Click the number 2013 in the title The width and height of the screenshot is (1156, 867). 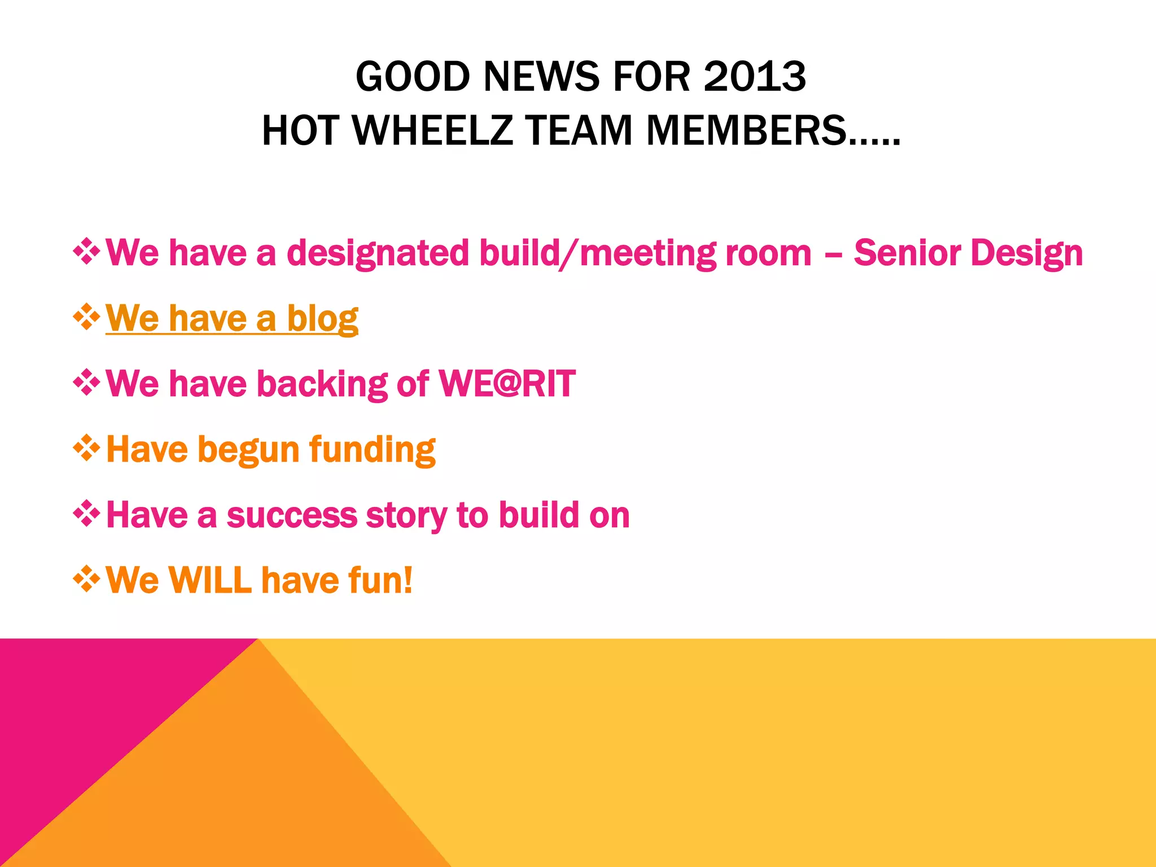(x=754, y=77)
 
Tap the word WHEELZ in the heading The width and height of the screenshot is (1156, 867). (x=432, y=131)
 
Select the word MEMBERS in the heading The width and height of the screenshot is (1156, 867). (x=746, y=131)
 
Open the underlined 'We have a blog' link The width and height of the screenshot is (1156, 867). (x=231, y=318)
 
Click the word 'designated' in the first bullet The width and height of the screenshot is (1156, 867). (x=378, y=253)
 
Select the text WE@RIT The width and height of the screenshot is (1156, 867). (x=507, y=384)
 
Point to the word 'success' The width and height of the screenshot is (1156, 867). (x=292, y=515)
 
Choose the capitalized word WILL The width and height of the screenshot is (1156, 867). (x=209, y=580)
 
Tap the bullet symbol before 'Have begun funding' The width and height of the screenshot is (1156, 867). (x=86, y=449)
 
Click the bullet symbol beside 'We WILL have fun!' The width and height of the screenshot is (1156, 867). (x=86, y=580)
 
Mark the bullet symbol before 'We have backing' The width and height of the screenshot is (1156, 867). (x=86, y=383)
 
